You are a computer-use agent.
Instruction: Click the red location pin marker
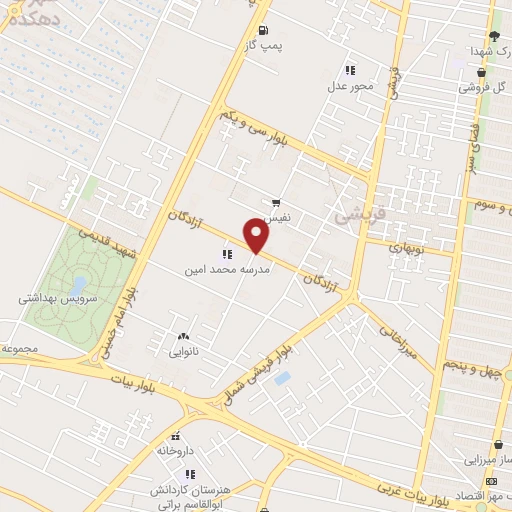click(257, 237)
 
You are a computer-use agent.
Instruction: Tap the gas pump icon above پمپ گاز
click(263, 30)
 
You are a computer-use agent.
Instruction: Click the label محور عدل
click(350, 85)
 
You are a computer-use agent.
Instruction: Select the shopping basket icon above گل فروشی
click(484, 72)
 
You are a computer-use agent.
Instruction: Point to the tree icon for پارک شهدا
click(494, 35)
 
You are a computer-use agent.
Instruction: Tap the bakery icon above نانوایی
click(181, 337)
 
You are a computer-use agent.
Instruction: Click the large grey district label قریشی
click(351, 213)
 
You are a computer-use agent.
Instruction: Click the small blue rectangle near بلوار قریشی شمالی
click(282, 379)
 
